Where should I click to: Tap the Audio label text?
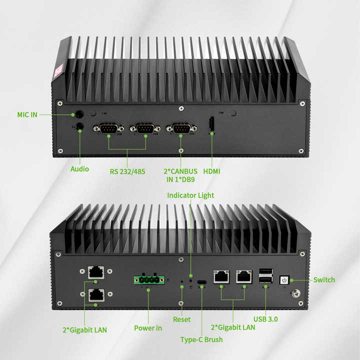tap(79, 169)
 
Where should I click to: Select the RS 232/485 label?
tap(127, 171)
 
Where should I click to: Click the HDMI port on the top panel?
tap(211, 124)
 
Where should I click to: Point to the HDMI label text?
tap(211, 171)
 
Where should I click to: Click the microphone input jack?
tap(78, 114)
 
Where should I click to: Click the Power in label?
tap(148, 328)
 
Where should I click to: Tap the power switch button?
tap(284, 280)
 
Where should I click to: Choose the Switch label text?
tap(324, 279)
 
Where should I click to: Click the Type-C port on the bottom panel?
tap(202, 282)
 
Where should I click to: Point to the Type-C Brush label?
tap(201, 340)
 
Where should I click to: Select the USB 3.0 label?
tap(265, 319)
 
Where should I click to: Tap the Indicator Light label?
tap(190, 195)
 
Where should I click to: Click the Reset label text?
tap(181, 319)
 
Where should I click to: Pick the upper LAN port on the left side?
tap(95, 272)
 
